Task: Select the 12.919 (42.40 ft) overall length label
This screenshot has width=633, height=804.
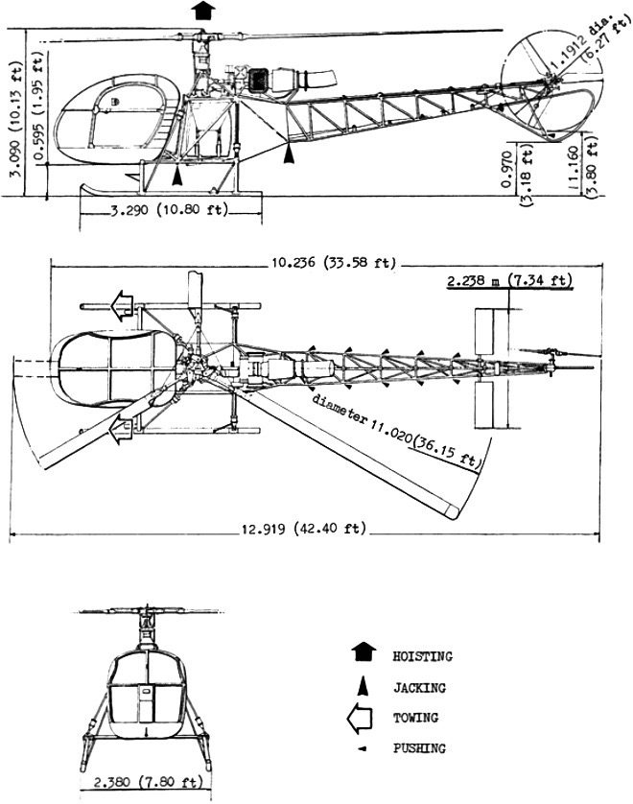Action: (x=300, y=529)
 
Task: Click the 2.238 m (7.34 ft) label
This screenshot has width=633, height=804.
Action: (x=509, y=280)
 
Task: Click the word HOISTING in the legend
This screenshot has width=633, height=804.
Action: (x=421, y=657)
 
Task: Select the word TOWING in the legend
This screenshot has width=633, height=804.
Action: (x=414, y=718)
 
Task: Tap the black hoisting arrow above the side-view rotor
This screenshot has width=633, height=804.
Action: (x=201, y=11)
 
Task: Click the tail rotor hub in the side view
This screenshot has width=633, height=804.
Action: (x=551, y=76)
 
